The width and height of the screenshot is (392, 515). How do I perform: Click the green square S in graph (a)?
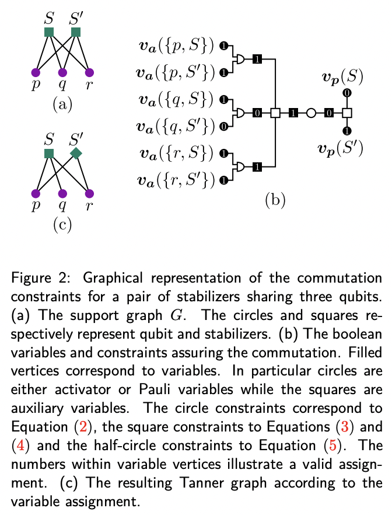[x=49, y=33]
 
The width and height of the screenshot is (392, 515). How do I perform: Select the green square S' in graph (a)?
[x=76, y=33]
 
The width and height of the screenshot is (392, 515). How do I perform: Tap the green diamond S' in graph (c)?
[x=76, y=153]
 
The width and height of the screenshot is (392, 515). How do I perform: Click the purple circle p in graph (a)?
[x=35, y=73]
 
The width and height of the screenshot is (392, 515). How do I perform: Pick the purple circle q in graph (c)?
[x=62, y=193]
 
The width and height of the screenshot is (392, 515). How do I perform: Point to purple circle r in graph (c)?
[x=89, y=193]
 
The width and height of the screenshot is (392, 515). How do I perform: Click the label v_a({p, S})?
[x=174, y=46]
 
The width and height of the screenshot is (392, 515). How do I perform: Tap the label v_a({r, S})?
[x=174, y=154]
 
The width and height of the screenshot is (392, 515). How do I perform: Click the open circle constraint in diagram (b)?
[x=311, y=113]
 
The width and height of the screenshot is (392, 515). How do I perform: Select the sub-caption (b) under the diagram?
[x=275, y=200]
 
